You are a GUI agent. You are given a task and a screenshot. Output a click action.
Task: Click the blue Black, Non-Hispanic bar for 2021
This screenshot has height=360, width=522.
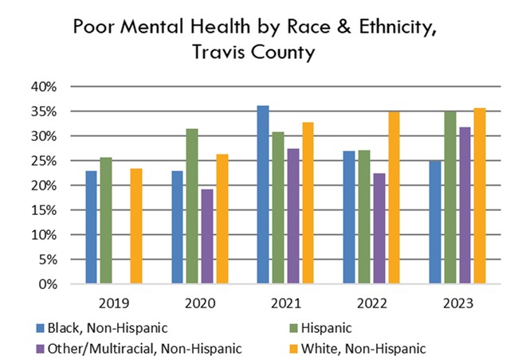263,195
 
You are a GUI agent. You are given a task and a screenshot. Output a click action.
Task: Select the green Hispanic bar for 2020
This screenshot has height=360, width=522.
191,206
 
